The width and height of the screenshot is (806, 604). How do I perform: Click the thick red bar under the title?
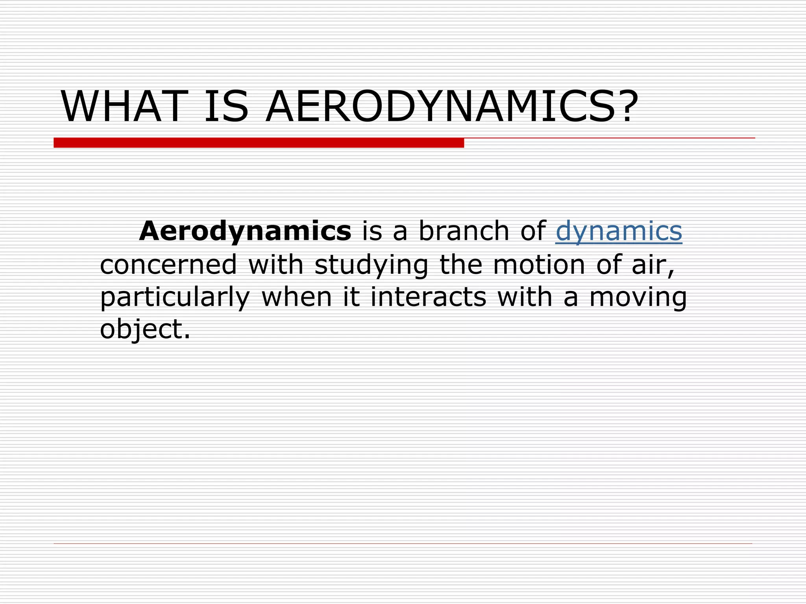[x=259, y=143]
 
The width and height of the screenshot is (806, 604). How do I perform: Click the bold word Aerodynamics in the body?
[x=245, y=231]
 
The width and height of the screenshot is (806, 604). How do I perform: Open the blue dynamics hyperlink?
[x=619, y=231]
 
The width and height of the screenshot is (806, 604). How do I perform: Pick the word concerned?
[x=168, y=264]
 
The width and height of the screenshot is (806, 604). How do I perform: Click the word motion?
[x=539, y=264]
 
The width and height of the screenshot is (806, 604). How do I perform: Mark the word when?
[x=297, y=297]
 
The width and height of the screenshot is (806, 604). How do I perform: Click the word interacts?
[x=428, y=297]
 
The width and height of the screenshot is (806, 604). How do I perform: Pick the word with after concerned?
[x=275, y=264]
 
